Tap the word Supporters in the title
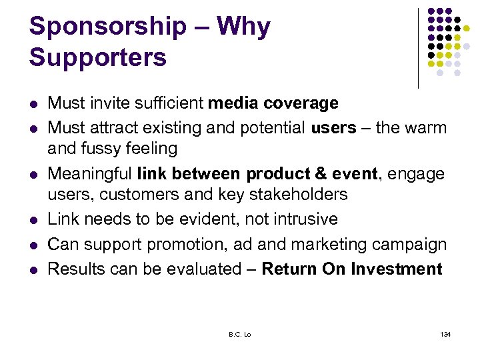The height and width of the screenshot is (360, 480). click(x=97, y=58)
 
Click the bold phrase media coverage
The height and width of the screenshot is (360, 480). click(x=273, y=103)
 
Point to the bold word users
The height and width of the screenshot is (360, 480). click(x=333, y=127)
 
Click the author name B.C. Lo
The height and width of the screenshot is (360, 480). click(x=239, y=333)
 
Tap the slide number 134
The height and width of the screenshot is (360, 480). click(x=445, y=333)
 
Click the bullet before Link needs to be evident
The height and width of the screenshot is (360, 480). click(x=34, y=220)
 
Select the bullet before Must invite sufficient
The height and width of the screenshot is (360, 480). click(x=34, y=104)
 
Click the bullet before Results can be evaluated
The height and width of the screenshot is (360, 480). click(x=34, y=270)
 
